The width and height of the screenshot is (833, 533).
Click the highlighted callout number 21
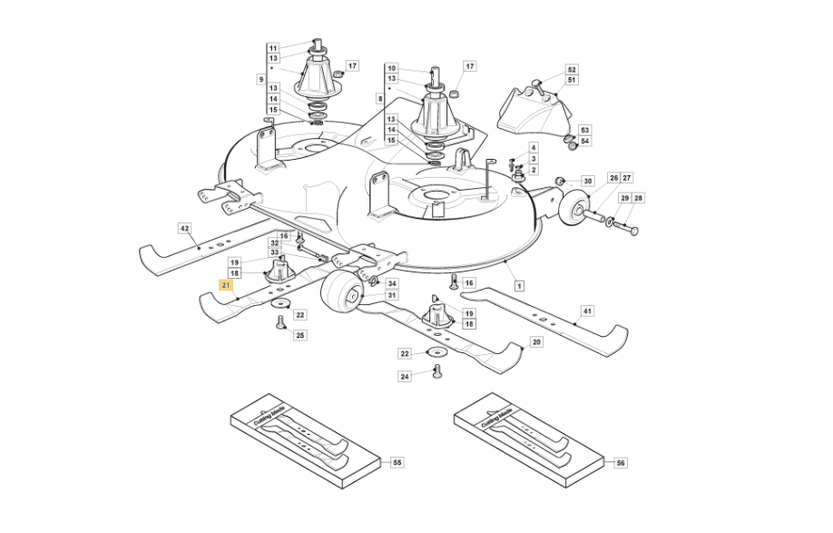226,285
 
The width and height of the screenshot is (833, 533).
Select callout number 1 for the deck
519,286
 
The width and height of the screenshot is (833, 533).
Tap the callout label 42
184,229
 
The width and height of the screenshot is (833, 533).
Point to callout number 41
587,311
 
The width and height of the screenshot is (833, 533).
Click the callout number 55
397,462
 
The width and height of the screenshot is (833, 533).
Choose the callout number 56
621,463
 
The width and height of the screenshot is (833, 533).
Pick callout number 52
572,70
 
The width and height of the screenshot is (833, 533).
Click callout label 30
588,182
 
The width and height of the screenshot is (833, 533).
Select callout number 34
392,284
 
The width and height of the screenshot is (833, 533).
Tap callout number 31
392,295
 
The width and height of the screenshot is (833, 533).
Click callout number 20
536,342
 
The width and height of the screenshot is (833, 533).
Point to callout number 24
405,376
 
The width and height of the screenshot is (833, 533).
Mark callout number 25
300,335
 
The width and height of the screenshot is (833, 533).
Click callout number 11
273,48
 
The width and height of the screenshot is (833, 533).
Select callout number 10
391,68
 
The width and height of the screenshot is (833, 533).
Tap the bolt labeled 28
625,227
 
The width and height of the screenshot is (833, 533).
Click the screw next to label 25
281,322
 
